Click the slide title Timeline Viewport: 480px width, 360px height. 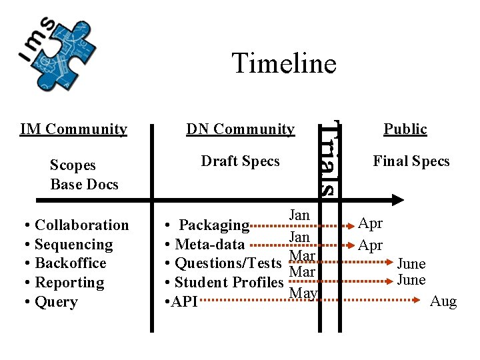284,63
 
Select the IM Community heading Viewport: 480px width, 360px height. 73,129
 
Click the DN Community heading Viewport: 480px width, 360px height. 240,129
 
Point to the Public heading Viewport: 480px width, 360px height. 405,129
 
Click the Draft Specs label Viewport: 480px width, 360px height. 240,161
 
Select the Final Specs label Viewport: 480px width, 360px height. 411,161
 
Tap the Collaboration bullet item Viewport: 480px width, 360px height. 81,225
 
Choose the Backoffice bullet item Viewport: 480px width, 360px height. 70,263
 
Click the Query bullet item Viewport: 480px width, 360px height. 56,302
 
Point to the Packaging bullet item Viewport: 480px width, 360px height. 214,225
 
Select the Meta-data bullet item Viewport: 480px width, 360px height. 209,245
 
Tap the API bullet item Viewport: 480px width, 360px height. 184,302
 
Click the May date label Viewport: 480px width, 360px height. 303,293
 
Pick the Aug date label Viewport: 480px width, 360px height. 443,301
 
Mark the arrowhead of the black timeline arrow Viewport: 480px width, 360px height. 398,199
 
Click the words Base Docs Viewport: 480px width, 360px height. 84,184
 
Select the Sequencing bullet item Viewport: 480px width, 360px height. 73,245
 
